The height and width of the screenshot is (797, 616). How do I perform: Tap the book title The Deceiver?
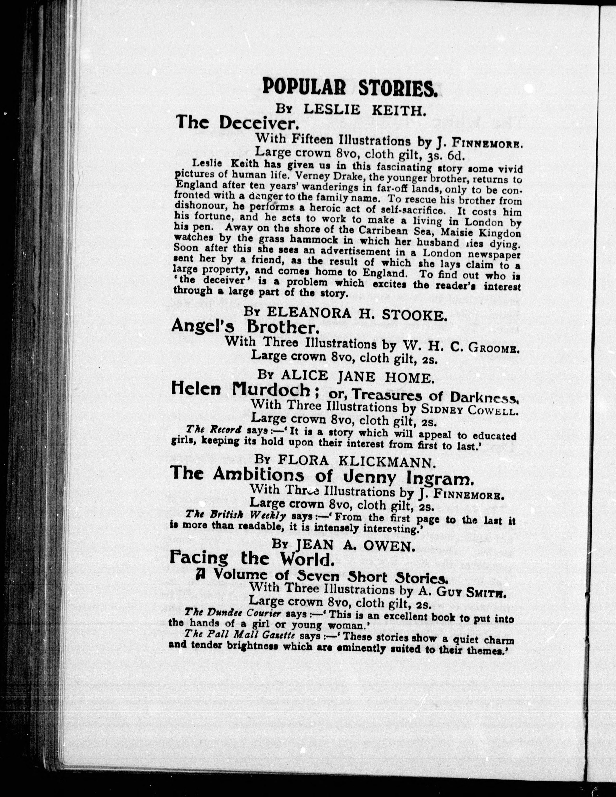tap(238, 124)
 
